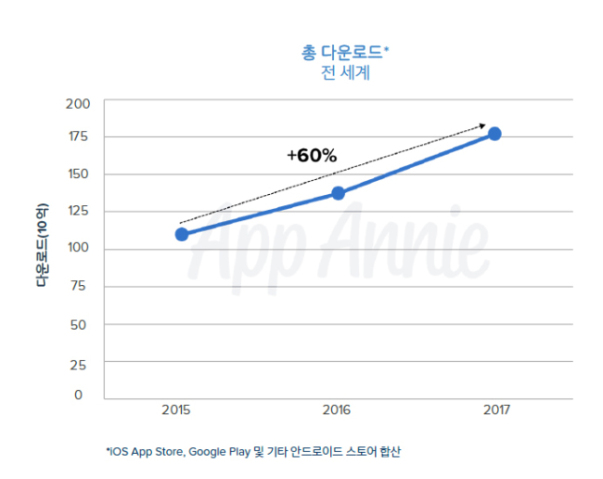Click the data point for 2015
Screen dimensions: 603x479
[x=182, y=234]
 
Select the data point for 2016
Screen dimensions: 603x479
[x=338, y=193]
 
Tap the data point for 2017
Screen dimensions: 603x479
[x=494, y=134]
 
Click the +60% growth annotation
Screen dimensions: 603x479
[x=312, y=155]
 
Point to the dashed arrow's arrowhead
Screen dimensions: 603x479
[x=482, y=126]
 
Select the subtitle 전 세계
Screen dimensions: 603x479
[x=345, y=72]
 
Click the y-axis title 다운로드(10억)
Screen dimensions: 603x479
[x=42, y=245]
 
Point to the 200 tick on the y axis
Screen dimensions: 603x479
[x=78, y=104]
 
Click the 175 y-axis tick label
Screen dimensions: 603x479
[x=78, y=136]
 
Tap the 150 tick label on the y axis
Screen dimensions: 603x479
[x=78, y=174]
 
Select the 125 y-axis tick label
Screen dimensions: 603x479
[x=78, y=211]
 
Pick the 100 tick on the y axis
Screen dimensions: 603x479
[x=78, y=247]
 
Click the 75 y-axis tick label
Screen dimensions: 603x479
[x=78, y=286]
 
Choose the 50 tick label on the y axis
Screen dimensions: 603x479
[x=78, y=325]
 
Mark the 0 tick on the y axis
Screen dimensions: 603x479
[x=79, y=395]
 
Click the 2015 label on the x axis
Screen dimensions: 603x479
[x=175, y=409]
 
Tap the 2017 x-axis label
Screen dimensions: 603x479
[x=496, y=409]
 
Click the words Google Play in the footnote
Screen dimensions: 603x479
[x=219, y=452]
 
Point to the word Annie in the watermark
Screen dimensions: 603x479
[x=404, y=243]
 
